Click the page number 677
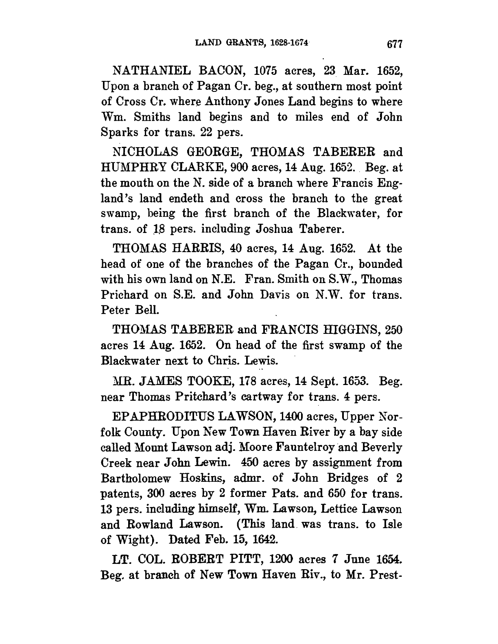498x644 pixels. coord(394,44)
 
